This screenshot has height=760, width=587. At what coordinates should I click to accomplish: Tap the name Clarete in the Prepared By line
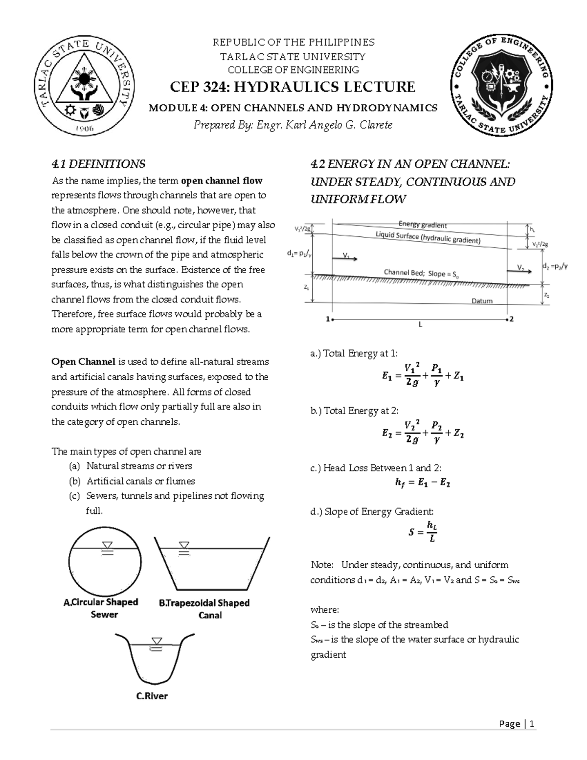(375, 125)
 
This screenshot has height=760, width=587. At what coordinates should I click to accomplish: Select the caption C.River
(152, 696)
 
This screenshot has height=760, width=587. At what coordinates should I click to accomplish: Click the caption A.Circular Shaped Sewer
(101, 608)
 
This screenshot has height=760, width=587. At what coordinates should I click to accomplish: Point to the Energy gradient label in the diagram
(423, 225)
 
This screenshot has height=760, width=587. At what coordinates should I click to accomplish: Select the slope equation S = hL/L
(423, 532)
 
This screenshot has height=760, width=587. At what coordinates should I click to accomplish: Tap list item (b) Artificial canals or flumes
(140, 481)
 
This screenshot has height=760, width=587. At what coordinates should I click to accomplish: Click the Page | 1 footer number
(517, 724)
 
